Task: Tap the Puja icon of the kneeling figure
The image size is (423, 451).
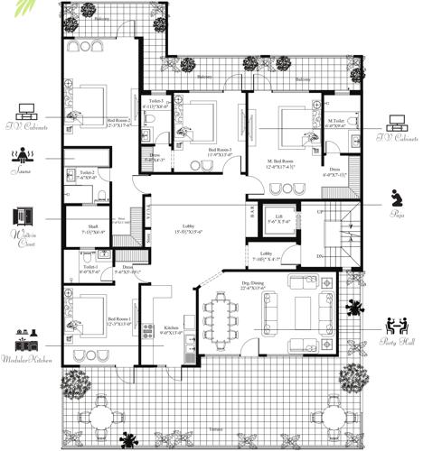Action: pos(396,198)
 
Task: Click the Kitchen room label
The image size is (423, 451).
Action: pos(171,329)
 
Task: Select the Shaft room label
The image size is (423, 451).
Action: pos(93,228)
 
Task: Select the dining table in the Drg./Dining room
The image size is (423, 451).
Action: pos(219,315)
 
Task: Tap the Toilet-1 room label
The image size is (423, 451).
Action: pos(89,270)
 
